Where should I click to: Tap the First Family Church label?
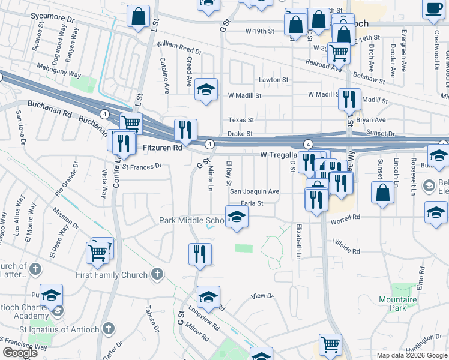pos(112,275)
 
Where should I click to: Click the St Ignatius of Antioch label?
pos(58,328)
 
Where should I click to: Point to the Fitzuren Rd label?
pos(161,147)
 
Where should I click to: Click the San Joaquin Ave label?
pos(255,191)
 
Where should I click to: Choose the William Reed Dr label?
pos(179,46)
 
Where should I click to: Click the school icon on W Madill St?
pos(206,91)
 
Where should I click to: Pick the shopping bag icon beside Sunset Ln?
pos(382,193)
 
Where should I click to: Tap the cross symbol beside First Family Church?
pos(157,274)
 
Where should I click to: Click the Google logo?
pos(20,353)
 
